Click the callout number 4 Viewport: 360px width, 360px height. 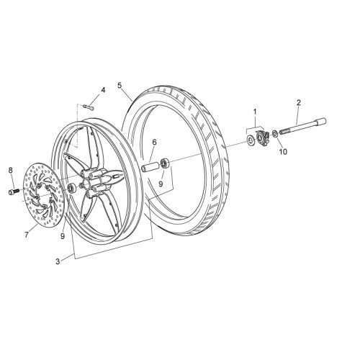(x=103, y=90)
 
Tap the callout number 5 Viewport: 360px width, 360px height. (x=120, y=85)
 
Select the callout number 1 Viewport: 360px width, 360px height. (x=255, y=112)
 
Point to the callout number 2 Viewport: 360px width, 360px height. (x=299, y=103)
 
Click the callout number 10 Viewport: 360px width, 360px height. (x=284, y=152)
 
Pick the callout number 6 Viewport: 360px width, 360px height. (x=154, y=143)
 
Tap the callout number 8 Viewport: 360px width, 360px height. (x=10, y=171)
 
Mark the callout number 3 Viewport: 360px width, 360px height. (x=58, y=261)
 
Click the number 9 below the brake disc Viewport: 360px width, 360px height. (x=63, y=236)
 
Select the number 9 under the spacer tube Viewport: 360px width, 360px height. (x=161, y=184)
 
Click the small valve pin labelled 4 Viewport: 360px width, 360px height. (x=89, y=107)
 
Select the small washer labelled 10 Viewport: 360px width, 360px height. (x=275, y=133)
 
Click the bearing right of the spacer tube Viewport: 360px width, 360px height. (x=166, y=163)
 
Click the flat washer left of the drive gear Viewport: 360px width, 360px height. (x=251, y=140)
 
